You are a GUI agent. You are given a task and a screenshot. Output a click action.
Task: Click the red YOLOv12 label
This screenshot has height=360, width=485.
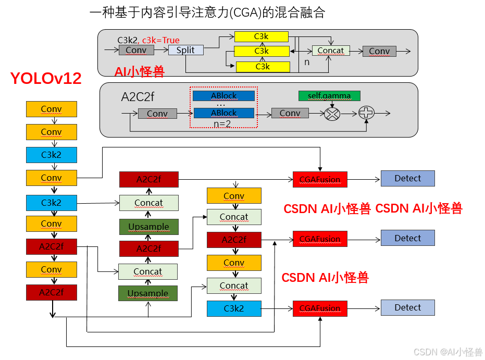[46, 79]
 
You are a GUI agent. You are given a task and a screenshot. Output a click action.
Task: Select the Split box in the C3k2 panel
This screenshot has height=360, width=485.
[185, 50]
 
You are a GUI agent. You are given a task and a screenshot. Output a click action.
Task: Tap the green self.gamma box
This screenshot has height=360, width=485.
[329, 96]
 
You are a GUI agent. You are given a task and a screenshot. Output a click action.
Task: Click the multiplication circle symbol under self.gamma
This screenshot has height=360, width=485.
[332, 113]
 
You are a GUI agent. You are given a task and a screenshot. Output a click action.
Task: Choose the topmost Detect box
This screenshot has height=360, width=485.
[407, 178]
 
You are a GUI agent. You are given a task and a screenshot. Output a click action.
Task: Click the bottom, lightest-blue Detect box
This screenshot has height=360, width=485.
[407, 307]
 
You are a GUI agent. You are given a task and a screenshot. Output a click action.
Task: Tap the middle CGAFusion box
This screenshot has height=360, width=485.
[320, 239]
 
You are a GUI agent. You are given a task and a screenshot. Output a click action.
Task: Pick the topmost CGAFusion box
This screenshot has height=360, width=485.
[320, 180]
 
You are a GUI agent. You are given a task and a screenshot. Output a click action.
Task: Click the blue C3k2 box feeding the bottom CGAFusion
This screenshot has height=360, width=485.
[234, 308]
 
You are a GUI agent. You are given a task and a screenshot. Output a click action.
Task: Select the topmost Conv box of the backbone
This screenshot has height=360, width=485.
[52, 109]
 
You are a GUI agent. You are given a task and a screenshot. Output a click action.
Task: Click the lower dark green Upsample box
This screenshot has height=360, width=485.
[148, 293]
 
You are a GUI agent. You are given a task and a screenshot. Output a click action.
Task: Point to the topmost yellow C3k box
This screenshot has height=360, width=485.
[262, 36]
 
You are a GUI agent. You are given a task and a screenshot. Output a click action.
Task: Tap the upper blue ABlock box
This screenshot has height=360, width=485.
[224, 96]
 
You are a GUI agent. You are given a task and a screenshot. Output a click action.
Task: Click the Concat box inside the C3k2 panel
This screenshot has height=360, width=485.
[331, 51]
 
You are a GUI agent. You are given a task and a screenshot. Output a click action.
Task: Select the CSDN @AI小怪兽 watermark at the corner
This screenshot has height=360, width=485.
[447, 352]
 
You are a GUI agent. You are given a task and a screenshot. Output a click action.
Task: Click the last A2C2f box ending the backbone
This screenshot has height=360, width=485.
[52, 292]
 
